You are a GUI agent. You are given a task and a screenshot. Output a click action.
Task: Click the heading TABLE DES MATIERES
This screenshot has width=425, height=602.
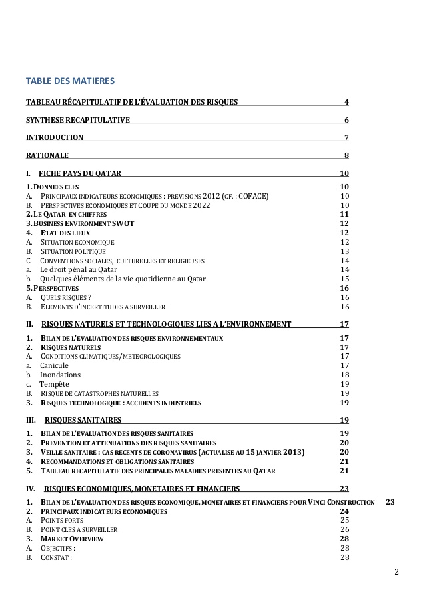pos(70,81)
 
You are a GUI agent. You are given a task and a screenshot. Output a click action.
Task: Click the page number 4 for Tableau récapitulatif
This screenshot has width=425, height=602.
pos(346,102)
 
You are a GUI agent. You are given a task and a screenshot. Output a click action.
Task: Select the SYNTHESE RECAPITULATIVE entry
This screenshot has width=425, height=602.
pos(77,120)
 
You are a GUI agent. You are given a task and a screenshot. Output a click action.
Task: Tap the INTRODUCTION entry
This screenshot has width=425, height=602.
pos(55,138)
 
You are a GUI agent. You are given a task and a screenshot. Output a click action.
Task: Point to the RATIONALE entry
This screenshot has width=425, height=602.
pos(47,156)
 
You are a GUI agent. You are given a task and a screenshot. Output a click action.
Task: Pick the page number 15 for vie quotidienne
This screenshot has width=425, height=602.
pos(344,279)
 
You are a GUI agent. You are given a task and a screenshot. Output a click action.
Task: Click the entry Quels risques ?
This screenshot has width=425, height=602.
pos(66,297)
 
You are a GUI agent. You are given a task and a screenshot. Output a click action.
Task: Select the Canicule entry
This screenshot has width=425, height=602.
pos(55,365)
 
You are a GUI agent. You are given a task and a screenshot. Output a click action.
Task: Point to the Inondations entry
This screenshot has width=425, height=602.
pos(60,375)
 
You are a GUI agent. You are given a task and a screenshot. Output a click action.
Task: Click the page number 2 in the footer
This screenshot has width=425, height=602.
pos(396,573)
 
